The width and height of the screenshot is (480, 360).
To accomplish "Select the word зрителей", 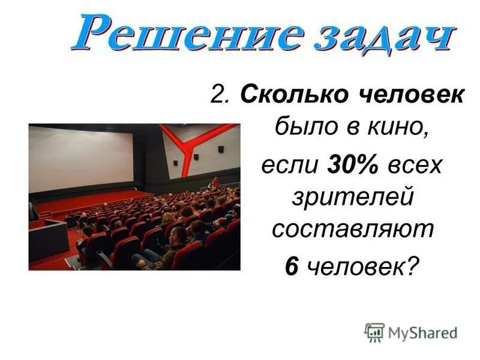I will [x=352, y=197].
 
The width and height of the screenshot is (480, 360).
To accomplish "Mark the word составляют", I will [x=352, y=231].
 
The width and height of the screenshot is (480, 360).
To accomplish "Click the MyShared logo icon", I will [x=374, y=332].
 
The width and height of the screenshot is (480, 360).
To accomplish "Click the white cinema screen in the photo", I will [x=81, y=158].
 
